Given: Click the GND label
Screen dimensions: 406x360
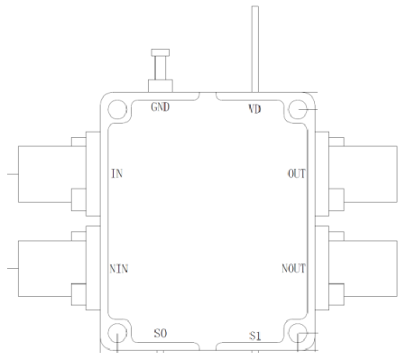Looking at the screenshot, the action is tap(161, 106).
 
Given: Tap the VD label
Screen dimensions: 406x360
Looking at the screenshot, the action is tap(254, 108).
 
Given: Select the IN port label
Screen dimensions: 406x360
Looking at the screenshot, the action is tap(116, 173).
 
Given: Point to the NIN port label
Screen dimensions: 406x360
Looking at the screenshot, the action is tap(119, 269).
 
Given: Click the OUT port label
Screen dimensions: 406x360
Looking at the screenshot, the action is tap(297, 173).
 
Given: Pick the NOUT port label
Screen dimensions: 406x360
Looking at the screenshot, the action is tap(293, 269).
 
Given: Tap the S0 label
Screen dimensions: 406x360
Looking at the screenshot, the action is tap(161, 333).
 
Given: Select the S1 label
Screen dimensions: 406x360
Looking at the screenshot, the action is tap(255, 336).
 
